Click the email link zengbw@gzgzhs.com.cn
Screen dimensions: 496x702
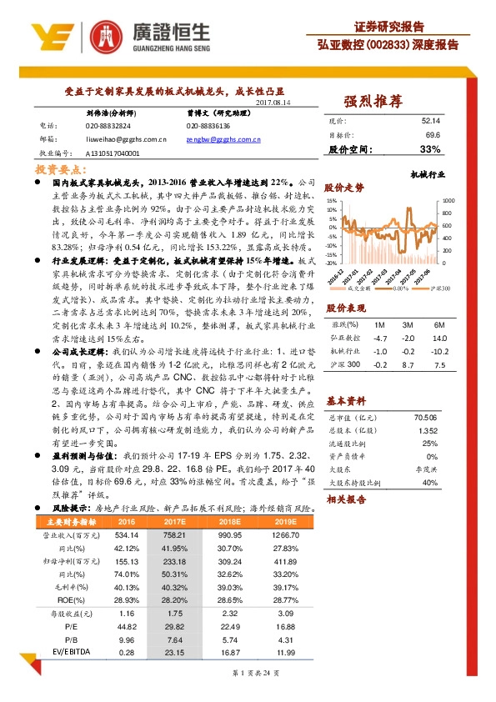point(223,142)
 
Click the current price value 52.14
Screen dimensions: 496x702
point(431,121)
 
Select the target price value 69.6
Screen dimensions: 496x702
point(433,135)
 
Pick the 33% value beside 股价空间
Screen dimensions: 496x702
point(430,149)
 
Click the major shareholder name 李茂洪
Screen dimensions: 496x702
point(426,469)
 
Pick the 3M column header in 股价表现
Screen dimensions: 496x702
point(407,324)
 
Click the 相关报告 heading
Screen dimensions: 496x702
point(343,499)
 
